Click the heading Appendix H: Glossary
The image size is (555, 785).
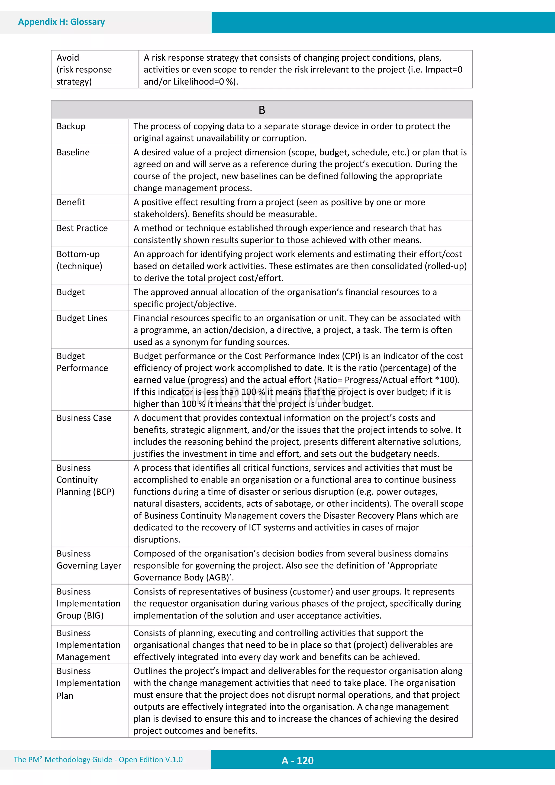(x=62, y=22)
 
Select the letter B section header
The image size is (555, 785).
(x=262, y=110)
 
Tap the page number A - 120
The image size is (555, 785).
(x=298, y=760)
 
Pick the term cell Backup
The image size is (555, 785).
(x=71, y=127)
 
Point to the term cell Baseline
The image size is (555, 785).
(x=73, y=153)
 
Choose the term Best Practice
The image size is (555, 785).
(x=82, y=228)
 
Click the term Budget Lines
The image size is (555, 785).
(x=82, y=318)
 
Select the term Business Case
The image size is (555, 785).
(x=84, y=418)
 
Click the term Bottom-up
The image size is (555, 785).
(x=78, y=254)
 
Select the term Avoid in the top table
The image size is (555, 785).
(x=68, y=58)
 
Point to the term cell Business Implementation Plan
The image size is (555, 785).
(x=88, y=683)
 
